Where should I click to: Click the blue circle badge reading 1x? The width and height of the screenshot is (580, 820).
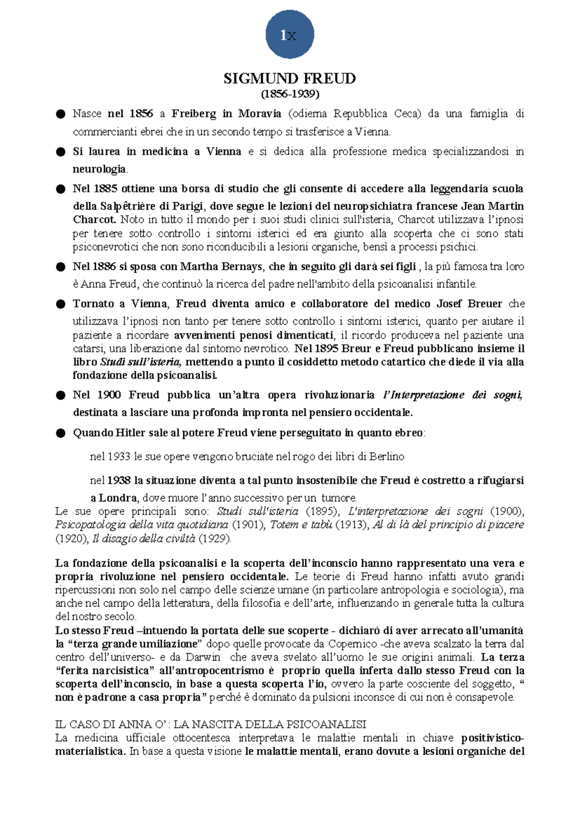[x=290, y=34]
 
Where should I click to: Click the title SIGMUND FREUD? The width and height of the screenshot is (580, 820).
[x=290, y=78]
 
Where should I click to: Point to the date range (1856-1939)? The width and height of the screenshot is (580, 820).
[x=290, y=93]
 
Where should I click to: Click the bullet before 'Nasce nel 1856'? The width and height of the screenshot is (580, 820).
[x=60, y=114]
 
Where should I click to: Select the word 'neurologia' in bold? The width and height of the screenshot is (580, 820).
[x=99, y=169]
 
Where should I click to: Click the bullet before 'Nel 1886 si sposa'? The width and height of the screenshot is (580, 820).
[x=60, y=267]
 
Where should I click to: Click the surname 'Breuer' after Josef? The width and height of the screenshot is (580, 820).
[x=485, y=304]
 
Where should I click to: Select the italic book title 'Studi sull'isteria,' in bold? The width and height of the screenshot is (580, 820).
[x=141, y=362]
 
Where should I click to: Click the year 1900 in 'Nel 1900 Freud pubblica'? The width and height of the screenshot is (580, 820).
[x=109, y=395]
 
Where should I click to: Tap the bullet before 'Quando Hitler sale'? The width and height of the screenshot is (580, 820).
[x=60, y=433]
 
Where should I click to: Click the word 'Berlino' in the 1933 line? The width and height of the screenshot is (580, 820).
[x=387, y=456]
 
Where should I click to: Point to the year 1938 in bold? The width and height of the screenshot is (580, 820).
[x=119, y=481]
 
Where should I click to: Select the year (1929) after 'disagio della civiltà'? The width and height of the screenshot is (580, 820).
[x=215, y=539]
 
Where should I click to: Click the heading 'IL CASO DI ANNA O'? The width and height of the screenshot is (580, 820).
[x=210, y=724]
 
